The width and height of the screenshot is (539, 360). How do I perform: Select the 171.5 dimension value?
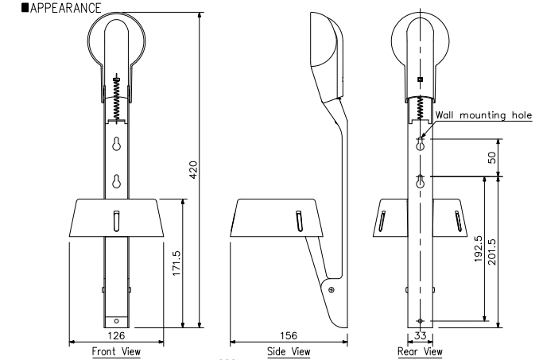(x=176, y=263)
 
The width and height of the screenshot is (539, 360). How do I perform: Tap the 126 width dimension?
(x=116, y=336)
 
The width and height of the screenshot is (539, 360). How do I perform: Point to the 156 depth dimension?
(x=289, y=336)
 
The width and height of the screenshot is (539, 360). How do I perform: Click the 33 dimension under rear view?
(x=419, y=336)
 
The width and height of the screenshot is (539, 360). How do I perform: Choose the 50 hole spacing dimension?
(x=493, y=158)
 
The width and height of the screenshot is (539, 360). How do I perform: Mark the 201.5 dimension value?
(x=493, y=250)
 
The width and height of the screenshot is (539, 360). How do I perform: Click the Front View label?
(x=116, y=350)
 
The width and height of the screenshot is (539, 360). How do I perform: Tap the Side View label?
(x=289, y=350)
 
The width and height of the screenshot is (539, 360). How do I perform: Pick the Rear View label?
(x=419, y=350)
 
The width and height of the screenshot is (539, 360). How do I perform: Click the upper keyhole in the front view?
(x=117, y=145)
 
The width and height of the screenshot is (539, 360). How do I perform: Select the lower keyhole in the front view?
(x=117, y=181)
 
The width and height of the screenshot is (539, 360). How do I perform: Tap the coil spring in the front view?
(x=117, y=99)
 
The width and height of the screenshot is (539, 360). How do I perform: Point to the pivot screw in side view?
(x=331, y=290)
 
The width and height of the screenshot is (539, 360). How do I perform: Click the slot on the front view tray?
(x=117, y=219)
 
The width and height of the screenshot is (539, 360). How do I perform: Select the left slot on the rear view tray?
(x=383, y=220)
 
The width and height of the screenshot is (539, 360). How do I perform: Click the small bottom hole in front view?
(x=117, y=321)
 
